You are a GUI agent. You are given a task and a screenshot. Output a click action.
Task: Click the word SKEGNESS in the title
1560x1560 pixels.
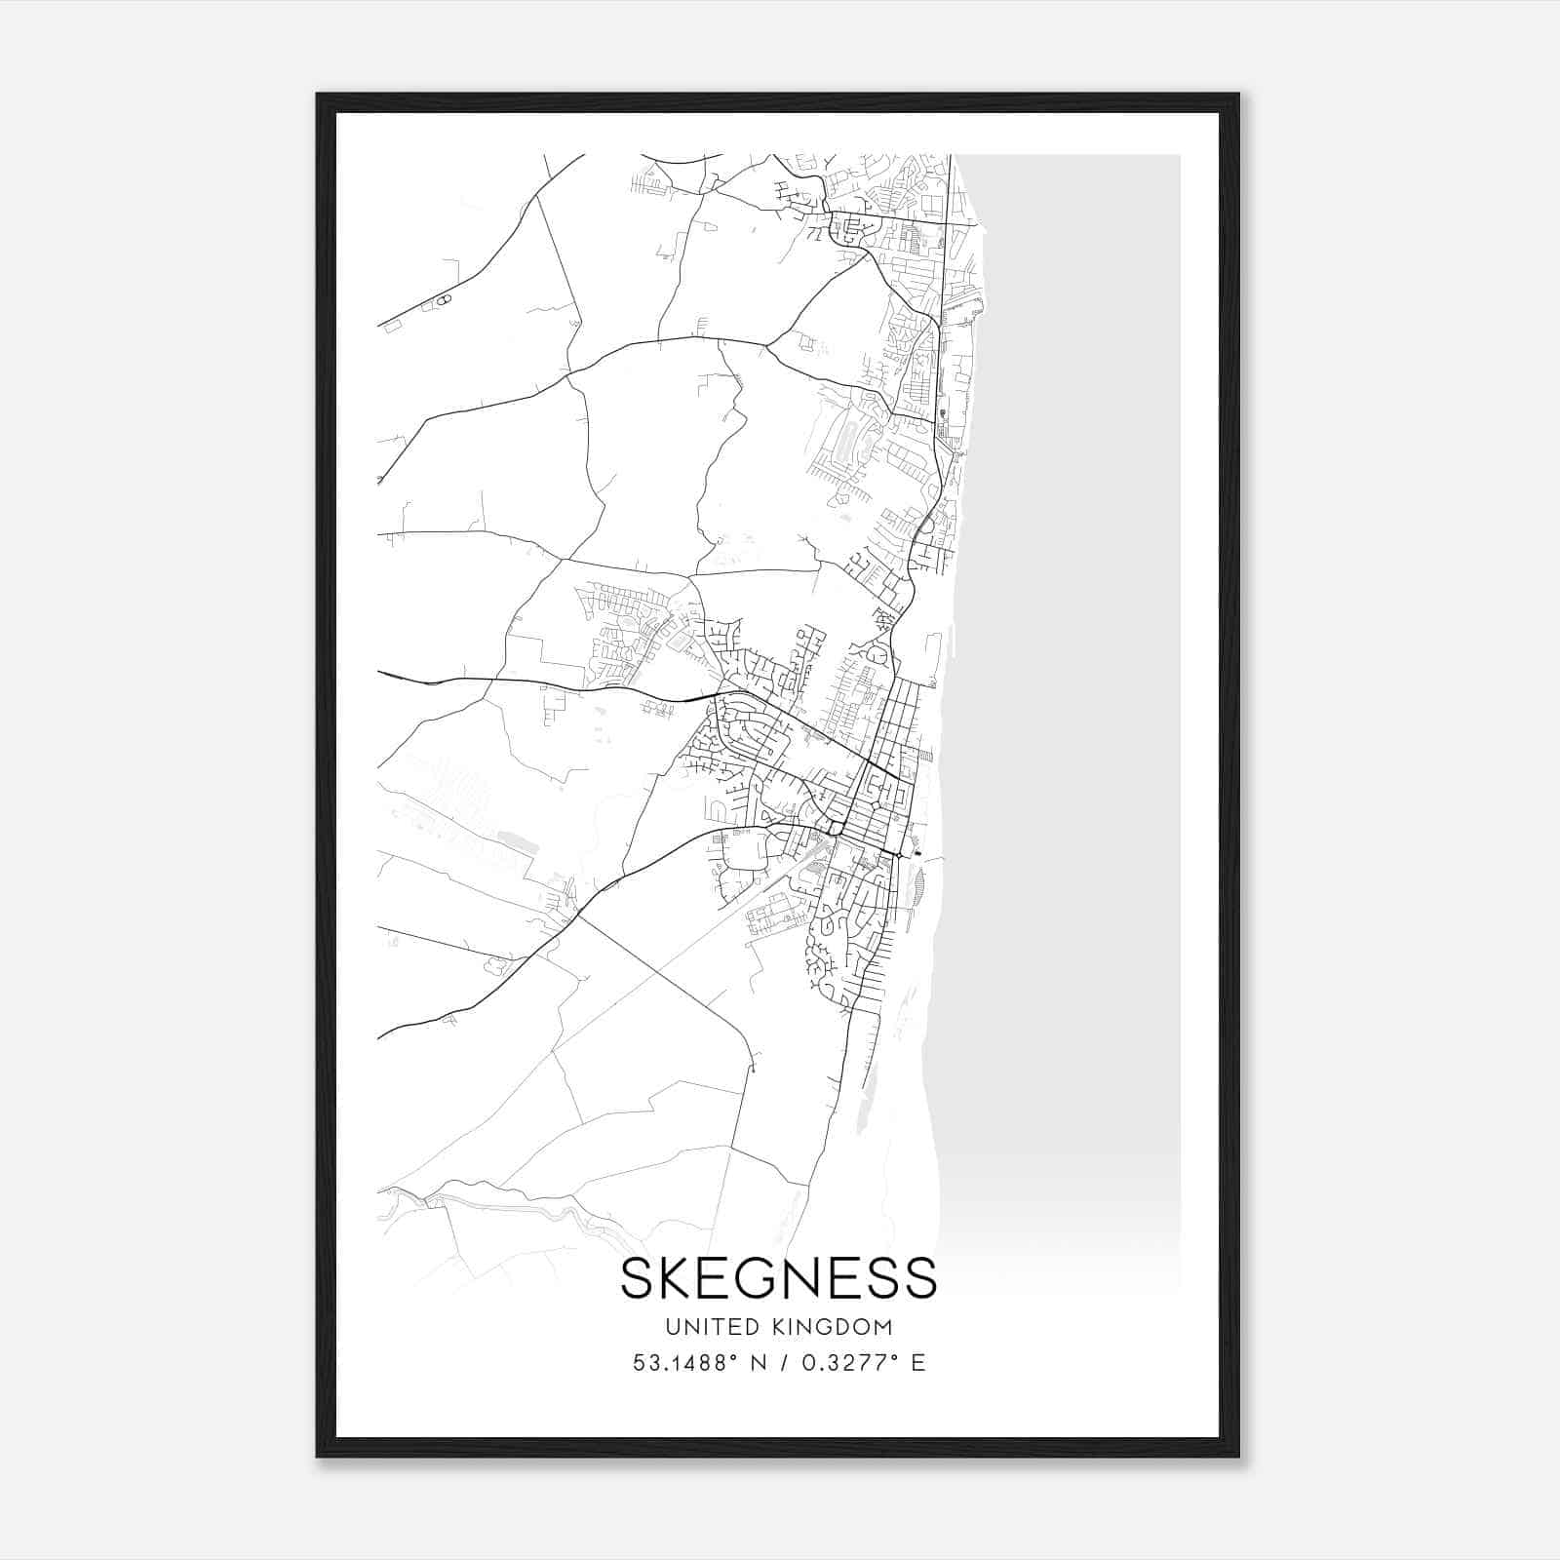(x=778, y=1278)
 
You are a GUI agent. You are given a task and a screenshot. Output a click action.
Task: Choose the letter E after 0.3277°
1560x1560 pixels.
(x=917, y=1363)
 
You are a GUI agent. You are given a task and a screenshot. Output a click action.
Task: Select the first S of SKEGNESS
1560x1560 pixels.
(x=636, y=1278)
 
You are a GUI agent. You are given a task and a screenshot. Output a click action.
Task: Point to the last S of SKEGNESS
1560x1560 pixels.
(x=919, y=1278)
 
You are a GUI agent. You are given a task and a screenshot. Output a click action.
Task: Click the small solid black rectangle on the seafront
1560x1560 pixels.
(x=915, y=854)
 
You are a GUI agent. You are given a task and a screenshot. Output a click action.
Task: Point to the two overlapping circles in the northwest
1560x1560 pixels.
(x=443, y=300)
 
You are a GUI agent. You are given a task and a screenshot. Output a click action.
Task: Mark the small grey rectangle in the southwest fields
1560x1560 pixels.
(x=510, y=838)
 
